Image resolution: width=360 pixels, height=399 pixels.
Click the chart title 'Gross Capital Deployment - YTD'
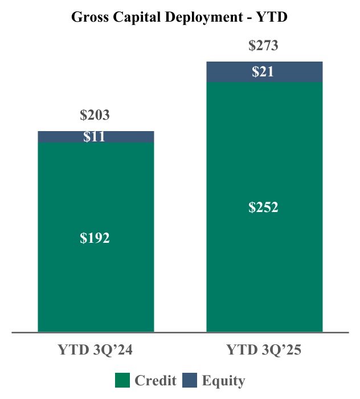point(179,17)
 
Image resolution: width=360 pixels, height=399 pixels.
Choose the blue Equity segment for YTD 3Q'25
point(228,72)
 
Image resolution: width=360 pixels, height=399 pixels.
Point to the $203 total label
point(95,116)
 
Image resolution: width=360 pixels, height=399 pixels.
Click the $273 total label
point(263,46)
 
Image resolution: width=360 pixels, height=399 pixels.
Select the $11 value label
point(95,137)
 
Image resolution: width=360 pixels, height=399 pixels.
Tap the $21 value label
point(263,72)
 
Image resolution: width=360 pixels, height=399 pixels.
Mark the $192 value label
point(95,238)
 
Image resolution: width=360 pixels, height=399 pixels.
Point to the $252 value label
point(263,207)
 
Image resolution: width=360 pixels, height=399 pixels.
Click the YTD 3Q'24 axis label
point(95,350)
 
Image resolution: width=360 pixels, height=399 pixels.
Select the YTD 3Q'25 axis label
point(264,350)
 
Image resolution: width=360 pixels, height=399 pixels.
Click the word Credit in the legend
point(155,381)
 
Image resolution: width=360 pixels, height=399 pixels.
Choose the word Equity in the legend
point(223,381)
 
